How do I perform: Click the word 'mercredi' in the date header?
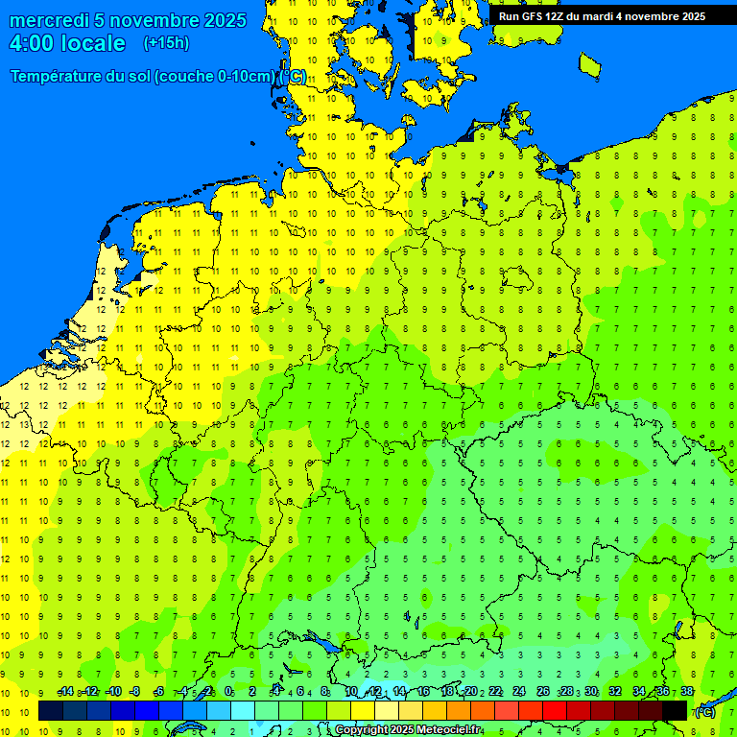coord(48,20)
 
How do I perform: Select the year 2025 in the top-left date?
coord(222,20)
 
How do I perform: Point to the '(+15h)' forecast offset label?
coord(166,43)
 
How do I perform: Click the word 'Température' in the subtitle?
coord(59,77)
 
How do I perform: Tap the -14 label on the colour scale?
coord(65,692)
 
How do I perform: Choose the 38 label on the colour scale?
coord(686,692)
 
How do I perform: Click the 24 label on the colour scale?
coord(518,692)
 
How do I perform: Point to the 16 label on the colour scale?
coord(423,692)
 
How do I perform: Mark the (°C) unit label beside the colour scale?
coord(704,712)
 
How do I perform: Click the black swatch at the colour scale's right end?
coord(675,711)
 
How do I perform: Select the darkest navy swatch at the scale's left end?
coord(51,711)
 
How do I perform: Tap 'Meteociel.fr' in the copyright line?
coord(449,730)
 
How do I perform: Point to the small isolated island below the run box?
coord(589,64)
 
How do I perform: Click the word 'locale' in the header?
coord(93,43)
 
